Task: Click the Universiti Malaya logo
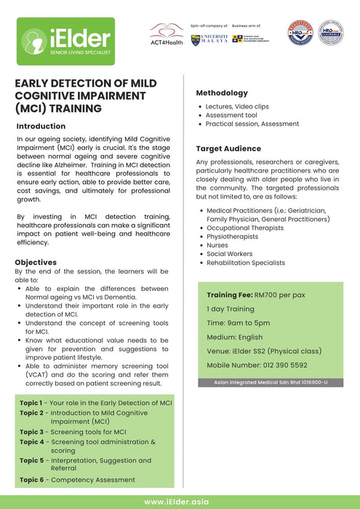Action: coord(209,39)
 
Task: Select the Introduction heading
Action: coord(45,126)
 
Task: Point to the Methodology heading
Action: coord(222,93)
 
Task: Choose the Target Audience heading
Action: coord(228,148)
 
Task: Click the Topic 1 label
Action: coord(31,402)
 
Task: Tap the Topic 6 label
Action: coord(31,480)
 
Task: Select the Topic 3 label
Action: coord(31,432)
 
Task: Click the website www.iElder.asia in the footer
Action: coord(180,502)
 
